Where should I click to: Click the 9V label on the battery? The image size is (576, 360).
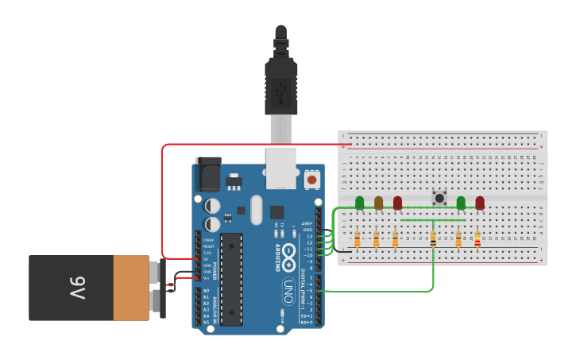[x=76, y=288]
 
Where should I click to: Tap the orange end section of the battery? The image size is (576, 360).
[x=130, y=288]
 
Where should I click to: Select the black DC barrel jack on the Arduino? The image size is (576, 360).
[x=208, y=173]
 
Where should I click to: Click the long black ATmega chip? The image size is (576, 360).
[x=231, y=278]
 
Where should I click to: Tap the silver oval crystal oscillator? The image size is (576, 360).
[x=255, y=210]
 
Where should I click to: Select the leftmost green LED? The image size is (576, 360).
[x=360, y=203]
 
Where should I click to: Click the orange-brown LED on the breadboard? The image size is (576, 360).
[x=379, y=203]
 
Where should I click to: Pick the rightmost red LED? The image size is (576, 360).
[x=480, y=203]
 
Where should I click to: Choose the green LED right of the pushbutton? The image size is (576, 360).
[x=461, y=203]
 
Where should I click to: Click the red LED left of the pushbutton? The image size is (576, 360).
[x=398, y=203]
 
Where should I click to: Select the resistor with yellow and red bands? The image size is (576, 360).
[x=477, y=238]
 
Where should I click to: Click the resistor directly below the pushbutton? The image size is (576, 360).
[x=433, y=238]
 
